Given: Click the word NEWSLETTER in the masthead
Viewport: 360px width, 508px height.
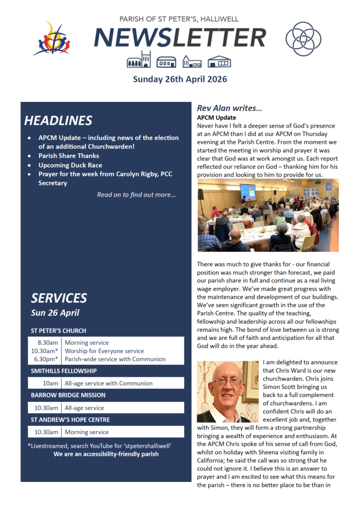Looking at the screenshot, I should tap(180, 38).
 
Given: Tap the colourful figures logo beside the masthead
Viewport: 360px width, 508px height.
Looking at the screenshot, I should tap(52, 39).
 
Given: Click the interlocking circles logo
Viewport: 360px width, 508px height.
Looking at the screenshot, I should tap(303, 39).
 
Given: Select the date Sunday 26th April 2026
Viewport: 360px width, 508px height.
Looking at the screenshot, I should tap(180, 79).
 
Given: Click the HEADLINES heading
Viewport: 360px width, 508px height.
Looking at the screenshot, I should tap(58, 121).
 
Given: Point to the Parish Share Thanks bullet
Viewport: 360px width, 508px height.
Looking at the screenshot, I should tap(69, 156).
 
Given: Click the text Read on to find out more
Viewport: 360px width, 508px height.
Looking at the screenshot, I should tap(136, 194).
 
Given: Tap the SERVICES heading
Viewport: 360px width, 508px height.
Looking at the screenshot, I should tap(59, 298).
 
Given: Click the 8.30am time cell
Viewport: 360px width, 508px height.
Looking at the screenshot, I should tap(49, 342).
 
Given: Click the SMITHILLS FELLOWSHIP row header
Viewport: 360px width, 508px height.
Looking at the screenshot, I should tap(64, 371).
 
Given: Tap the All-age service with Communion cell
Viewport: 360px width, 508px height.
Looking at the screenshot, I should tap(108, 383).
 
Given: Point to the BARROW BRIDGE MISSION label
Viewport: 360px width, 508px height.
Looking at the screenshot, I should tap(68, 395).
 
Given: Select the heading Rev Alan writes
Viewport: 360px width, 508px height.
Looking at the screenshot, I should tap(229, 108).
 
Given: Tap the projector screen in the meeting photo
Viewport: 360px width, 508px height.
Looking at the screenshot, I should tap(248, 190).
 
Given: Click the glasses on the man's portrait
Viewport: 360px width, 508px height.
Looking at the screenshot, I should tap(226, 382).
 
